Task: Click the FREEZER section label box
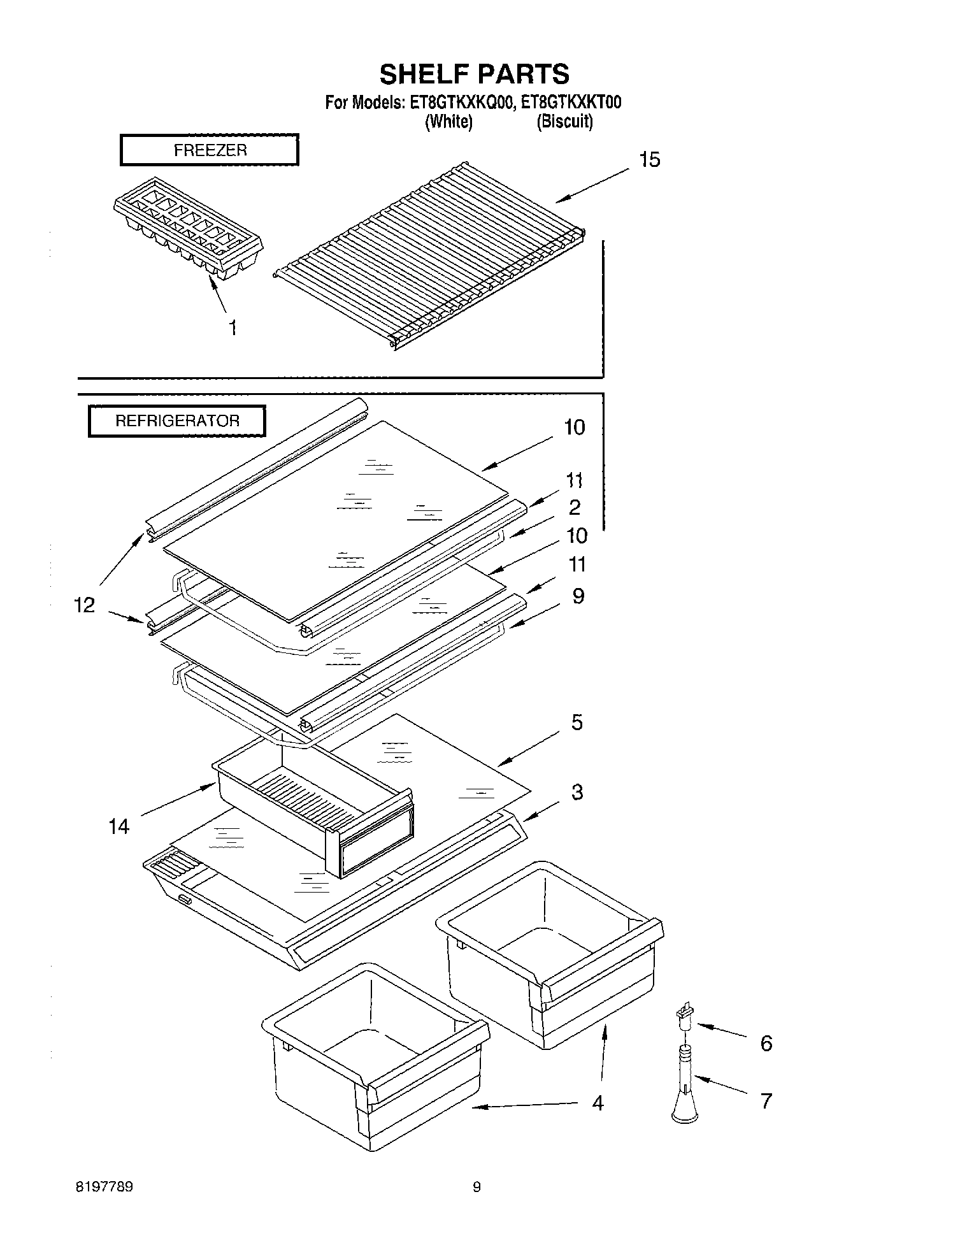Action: tap(210, 150)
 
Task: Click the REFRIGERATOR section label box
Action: tap(176, 421)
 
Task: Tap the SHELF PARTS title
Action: tap(474, 74)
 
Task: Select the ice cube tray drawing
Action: tap(188, 229)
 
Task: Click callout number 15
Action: tap(649, 159)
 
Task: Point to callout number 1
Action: tap(233, 328)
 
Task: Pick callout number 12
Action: tap(84, 605)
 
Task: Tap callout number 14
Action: tap(119, 826)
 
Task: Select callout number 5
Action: tap(577, 722)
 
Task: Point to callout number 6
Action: tap(766, 1043)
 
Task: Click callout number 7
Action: tap(766, 1100)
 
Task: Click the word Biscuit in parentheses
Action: tap(564, 121)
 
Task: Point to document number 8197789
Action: tap(104, 1187)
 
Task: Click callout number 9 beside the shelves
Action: tap(578, 596)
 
